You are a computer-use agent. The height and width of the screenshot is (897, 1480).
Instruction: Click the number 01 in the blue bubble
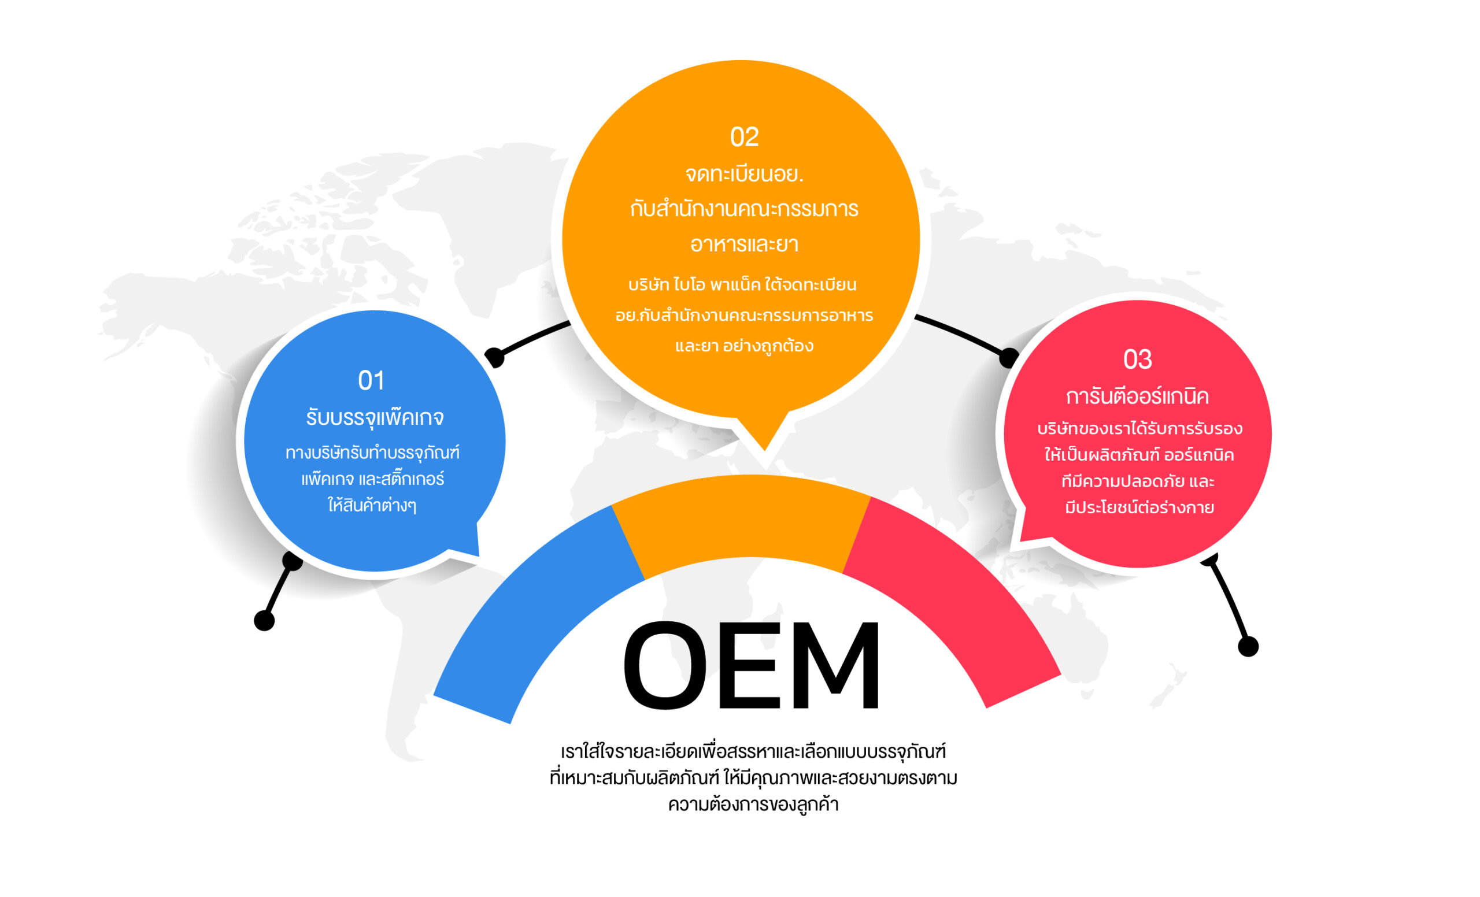371,381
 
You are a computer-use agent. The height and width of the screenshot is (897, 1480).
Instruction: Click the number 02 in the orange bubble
743,138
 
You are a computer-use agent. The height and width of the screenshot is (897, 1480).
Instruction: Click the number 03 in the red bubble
1137,359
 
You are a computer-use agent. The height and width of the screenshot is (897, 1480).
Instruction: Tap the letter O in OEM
665,666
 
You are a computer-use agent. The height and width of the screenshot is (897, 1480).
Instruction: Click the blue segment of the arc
528,618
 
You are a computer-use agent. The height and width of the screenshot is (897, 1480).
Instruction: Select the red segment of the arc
955,606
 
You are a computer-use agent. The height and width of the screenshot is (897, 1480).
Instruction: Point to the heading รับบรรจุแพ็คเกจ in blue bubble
375,417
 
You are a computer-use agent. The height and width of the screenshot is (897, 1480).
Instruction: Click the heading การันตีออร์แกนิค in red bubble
1137,397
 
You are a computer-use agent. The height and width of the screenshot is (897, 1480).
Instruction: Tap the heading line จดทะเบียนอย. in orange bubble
743,174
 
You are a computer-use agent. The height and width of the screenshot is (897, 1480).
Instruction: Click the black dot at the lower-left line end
264,621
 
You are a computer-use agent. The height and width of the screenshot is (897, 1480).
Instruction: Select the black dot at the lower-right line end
1248,647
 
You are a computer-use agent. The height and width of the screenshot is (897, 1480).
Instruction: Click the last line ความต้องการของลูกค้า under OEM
753,805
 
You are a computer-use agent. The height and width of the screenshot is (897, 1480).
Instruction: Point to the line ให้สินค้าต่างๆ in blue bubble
372,506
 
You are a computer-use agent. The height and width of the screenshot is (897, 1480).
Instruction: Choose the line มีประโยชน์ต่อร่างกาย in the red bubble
1139,508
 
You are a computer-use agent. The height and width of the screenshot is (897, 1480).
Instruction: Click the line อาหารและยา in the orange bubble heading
743,244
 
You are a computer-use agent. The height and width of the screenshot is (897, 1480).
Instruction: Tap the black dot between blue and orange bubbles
494,357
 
